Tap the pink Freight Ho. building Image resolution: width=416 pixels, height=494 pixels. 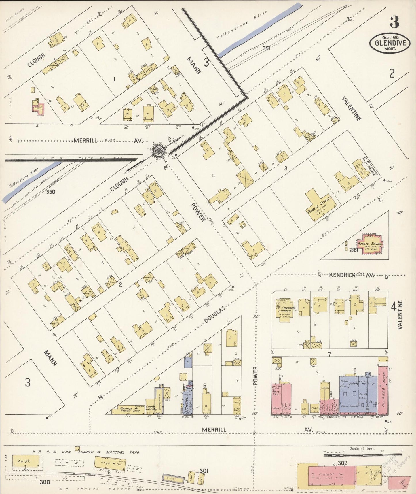[331, 474]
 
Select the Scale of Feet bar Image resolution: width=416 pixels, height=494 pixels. [361, 455]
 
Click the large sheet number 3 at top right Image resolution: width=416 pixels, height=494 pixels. [394, 22]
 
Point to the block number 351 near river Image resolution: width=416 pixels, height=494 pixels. [266, 48]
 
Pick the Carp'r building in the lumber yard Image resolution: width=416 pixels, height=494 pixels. [26, 461]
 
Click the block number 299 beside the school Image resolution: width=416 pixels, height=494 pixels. [354, 250]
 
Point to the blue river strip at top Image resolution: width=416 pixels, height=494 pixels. [259, 29]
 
